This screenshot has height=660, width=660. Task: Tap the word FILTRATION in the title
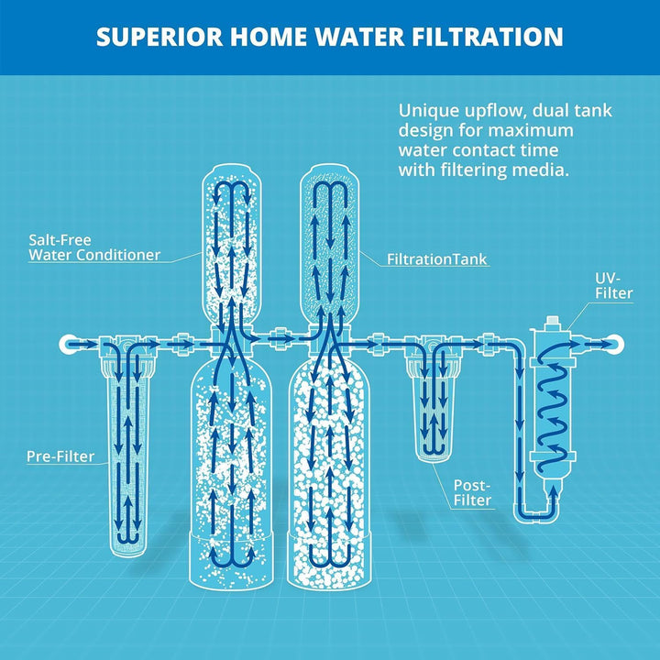(x=487, y=37)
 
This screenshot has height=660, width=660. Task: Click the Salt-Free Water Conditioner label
(x=93, y=247)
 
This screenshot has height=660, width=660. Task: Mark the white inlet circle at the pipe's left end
(x=67, y=344)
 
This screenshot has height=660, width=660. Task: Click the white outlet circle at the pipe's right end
(x=613, y=344)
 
